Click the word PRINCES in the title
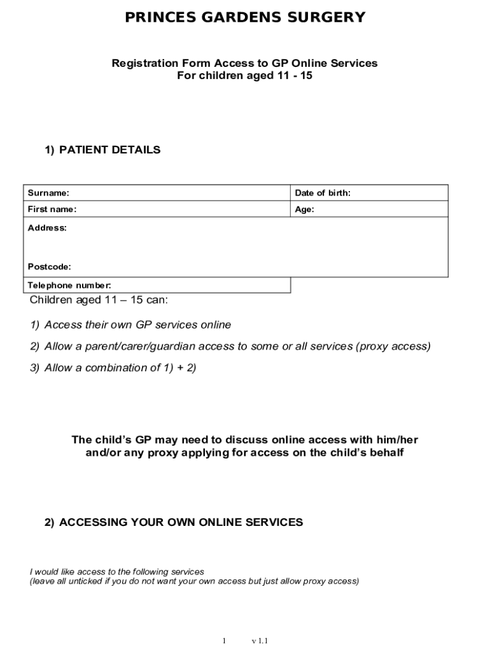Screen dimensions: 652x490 click(x=157, y=18)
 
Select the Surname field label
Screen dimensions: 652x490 click(x=48, y=193)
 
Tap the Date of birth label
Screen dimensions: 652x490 click(x=323, y=193)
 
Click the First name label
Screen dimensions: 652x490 click(x=52, y=209)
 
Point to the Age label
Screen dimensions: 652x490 click(x=305, y=209)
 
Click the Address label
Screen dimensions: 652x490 click(x=47, y=227)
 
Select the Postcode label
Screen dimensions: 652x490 click(x=50, y=266)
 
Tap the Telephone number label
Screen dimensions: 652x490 click(x=69, y=285)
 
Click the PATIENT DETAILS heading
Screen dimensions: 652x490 click(x=109, y=150)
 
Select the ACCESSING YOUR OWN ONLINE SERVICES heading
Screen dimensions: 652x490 click(x=181, y=522)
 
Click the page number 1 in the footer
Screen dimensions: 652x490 click(x=224, y=641)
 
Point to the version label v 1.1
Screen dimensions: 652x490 click(x=260, y=641)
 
